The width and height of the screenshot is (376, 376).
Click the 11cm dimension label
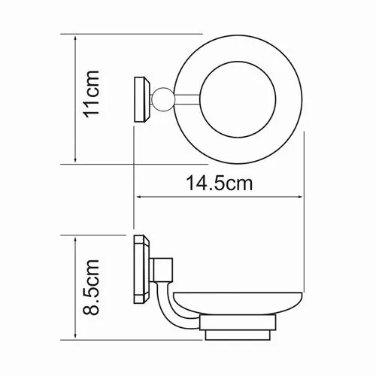[92, 94]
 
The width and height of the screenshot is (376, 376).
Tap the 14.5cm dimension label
[220, 183]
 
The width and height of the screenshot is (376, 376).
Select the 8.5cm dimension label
[91, 287]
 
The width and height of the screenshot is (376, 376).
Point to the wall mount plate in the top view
[142, 99]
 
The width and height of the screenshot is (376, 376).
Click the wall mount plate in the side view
[141, 269]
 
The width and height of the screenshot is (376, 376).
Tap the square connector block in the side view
[163, 269]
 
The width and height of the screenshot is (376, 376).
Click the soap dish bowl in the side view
[238, 303]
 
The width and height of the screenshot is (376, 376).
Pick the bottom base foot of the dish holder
[238, 335]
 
